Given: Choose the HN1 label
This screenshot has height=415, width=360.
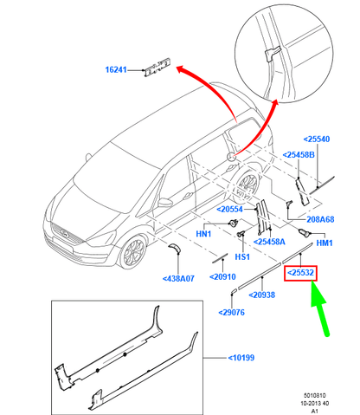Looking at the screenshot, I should pos(204,234).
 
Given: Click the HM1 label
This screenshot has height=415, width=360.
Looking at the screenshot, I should pos(326,243).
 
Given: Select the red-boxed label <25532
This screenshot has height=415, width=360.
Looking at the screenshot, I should pos(303,272).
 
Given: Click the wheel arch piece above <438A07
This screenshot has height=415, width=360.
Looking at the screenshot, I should pos(175,250).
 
